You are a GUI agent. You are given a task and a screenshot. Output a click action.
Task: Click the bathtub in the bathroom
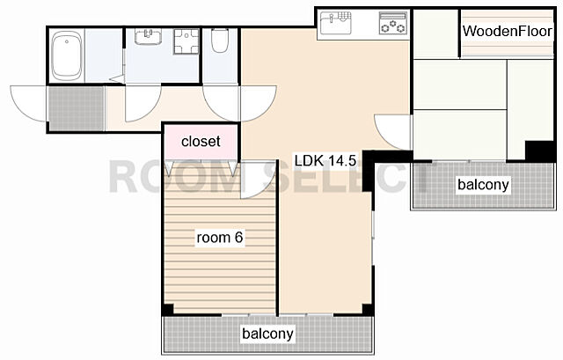tap(67, 55)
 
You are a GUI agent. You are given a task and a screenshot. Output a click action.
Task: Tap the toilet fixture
tap(220, 40)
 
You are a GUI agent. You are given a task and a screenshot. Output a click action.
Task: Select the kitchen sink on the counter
tap(335, 23)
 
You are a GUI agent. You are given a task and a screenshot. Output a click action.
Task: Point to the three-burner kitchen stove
tap(393, 23)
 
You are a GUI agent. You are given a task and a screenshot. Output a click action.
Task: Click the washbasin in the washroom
tap(148, 36)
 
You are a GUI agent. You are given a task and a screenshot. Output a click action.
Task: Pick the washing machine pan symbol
tap(186, 41)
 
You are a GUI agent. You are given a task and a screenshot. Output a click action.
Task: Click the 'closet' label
tap(201, 141)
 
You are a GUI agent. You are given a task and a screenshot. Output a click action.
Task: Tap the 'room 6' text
tap(220, 238)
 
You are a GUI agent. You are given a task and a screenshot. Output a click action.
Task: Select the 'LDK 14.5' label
tap(325, 160)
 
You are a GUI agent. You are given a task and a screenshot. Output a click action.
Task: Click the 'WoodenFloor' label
tap(507, 32)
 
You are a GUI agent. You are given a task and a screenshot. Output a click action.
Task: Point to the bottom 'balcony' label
tap(267, 334)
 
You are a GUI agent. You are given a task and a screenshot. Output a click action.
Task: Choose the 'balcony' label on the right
tap(483, 185)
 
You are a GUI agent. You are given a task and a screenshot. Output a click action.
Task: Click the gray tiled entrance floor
tap(77, 108)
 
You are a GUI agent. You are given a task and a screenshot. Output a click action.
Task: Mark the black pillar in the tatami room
tap(539, 151)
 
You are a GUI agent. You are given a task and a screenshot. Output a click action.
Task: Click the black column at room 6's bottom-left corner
tap(168, 309)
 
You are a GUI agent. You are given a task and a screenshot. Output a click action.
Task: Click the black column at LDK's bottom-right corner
tap(368, 309)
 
